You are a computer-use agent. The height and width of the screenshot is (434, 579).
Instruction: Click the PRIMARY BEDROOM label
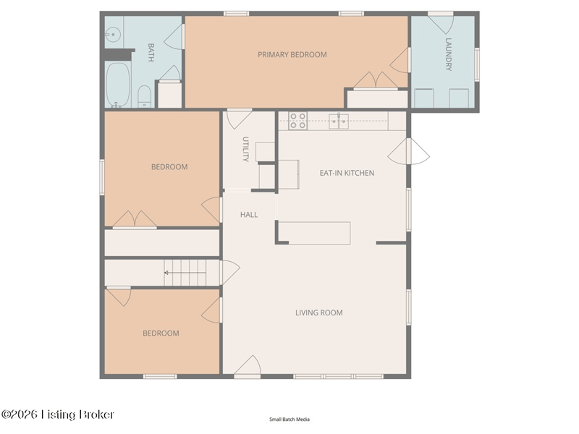tap(292, 55)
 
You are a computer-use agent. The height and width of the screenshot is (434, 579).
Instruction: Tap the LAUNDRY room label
tap(448, 54)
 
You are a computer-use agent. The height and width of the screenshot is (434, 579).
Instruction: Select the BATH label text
tap(151, 52)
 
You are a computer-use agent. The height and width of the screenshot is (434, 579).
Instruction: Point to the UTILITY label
tap(245, 149)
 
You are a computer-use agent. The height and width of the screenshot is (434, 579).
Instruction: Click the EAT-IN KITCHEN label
tap(347, 173)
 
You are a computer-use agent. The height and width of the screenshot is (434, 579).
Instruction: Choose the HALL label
tap(249, 214)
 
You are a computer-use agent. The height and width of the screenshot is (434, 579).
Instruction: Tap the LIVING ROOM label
tap(319, 312)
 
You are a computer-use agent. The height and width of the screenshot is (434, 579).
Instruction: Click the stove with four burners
tap(297, 121)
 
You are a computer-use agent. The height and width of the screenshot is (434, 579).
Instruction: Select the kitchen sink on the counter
tap(339, 121)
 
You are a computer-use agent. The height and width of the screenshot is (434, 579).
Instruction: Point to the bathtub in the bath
tap(118, 85)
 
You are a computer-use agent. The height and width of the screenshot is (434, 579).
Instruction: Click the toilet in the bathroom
tap(144, 97)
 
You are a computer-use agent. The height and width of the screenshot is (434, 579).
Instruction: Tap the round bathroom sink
tap(114, 35)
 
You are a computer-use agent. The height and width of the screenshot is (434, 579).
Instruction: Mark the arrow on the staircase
tap(185, 273)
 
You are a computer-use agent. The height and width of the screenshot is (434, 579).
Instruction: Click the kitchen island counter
tap(314, 233)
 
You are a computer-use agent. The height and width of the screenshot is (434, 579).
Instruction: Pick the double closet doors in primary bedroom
tap(376, 80)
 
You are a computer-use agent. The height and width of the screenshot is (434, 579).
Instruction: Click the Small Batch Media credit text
tap(289, 420)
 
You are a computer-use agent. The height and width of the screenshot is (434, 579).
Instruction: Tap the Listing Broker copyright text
tap(58, 414)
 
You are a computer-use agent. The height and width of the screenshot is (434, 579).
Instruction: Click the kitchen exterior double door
tap(408, 151)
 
